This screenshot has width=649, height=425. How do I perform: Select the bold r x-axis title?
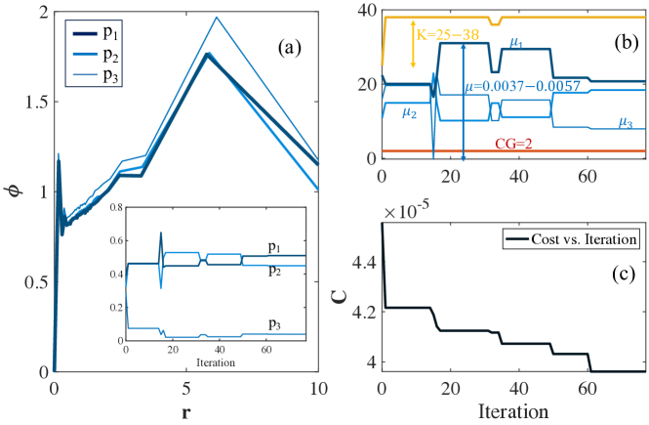[x=185, y=412]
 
